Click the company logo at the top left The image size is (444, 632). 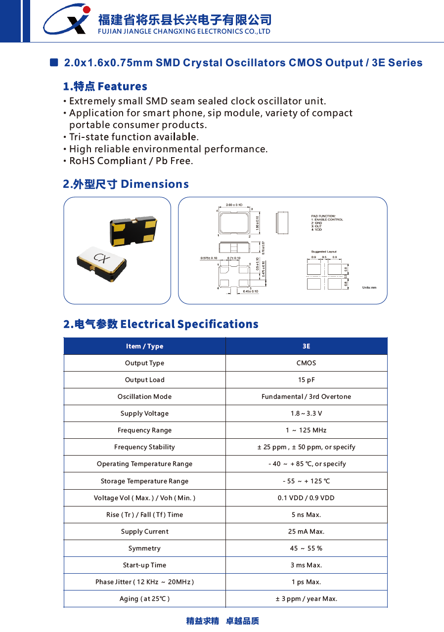pos(67,20)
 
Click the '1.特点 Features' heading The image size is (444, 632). pos(105,86)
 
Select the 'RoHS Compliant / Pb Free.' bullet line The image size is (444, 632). pos(131,161)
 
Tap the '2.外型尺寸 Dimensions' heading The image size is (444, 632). pos(126,184)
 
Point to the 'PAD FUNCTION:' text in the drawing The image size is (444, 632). pos(323,216)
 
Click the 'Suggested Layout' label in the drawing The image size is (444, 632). pos(324,252)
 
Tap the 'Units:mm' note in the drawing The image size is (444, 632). pos(369,287)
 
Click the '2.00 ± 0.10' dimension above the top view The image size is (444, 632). pos(234,205)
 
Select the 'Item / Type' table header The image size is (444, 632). pos(144,346)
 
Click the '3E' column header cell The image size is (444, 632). pos(306,346)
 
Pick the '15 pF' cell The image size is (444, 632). pos(306,380)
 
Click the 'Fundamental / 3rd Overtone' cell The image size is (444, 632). pos(306,397)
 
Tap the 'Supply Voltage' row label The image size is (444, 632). pos(144,414)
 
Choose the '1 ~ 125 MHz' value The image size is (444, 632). pos(306,430)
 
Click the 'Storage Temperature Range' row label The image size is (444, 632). pos(144,481)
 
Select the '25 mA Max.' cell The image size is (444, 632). pos(306,532)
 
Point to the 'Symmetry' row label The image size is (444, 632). pos(144,548)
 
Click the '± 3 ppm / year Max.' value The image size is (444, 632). pos(306,599)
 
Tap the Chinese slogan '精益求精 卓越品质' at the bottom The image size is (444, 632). pos(222,621)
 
